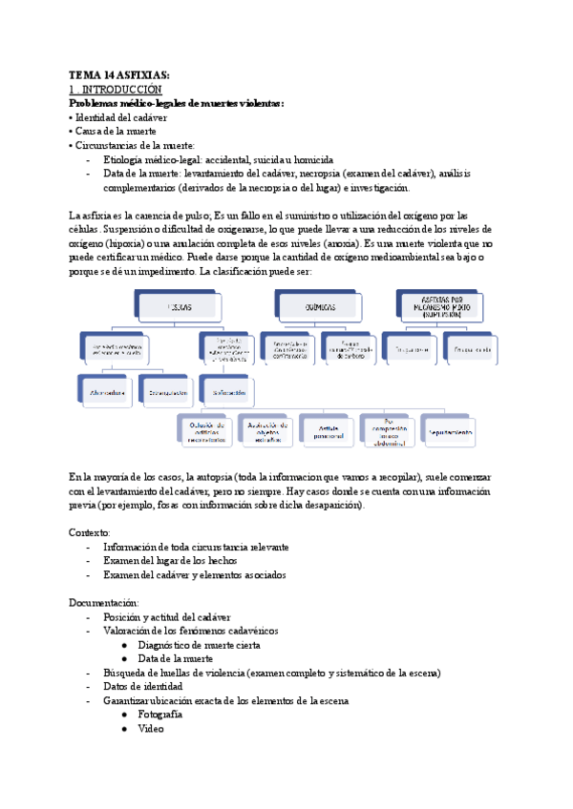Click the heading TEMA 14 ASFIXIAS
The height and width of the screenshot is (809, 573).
pyautogui.click(x=118, y=74)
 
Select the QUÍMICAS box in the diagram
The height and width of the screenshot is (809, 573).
pyautogui.click(x=318, y=307)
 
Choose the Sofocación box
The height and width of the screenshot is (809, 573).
pyautogui.click(x=229, y=391)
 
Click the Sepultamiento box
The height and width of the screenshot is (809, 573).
pyautogui.click(x=450, y=432)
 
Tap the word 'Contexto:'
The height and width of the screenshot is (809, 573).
pyautogui.click(x=90, y=532)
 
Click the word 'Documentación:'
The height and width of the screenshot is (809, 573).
pyautogui.click(x=103, y=603)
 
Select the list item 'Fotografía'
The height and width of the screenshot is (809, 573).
pyautogui.click(x=159, y=715)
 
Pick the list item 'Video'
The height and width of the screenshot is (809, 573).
pyautogui.click(x=151, y=729)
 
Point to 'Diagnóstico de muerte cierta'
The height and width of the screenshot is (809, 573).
pyautogui.click(x=205, y=645)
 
